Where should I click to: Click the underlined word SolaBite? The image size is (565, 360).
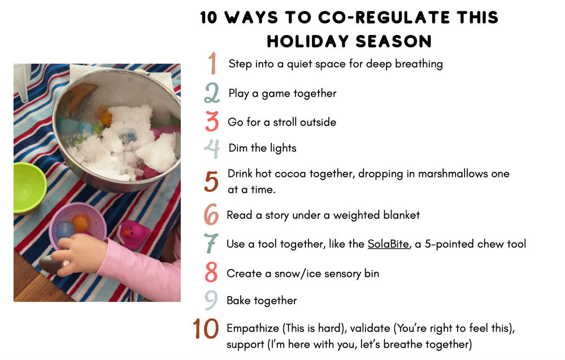[388, 244]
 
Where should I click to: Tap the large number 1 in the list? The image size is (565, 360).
[212, 63]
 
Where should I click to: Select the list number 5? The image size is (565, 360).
[211, 181]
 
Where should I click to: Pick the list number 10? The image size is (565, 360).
[206, 329]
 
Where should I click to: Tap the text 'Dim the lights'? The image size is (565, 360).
[262, 148]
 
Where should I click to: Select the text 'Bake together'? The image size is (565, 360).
[262, 301]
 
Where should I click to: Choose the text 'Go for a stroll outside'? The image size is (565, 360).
[282, 122]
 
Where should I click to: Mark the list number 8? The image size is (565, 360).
[211, 272]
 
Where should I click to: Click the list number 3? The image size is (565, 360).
[212, 122]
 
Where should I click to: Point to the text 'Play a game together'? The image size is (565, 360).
[282, 93]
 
